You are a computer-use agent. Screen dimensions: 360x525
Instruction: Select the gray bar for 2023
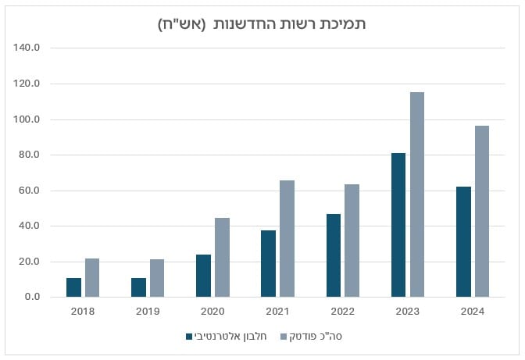(417, 194)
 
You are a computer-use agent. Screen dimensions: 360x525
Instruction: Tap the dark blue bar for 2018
(73, 287)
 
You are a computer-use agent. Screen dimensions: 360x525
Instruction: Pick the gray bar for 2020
(222, 258)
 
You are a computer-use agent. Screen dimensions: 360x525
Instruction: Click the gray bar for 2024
(482, 211)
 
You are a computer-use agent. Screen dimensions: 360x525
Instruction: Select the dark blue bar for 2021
(268, 264)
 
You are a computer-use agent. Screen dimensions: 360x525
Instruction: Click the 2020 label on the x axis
(212, 311)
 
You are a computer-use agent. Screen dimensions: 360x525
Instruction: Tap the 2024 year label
(473, 311)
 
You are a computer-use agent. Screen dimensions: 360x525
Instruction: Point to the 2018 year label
(83, 311)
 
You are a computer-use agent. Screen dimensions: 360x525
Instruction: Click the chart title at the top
(262, 24)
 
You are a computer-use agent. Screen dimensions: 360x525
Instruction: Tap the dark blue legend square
(189, 337)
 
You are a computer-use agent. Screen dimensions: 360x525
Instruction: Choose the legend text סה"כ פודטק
(316, 337)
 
